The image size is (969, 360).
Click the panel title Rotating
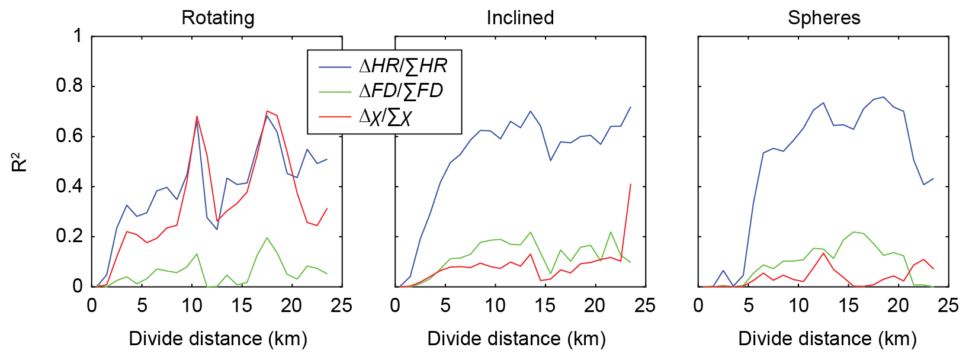(218, 18)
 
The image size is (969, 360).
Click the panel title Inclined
(520, 18)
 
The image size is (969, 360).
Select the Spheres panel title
(824, 18)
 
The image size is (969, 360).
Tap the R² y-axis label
(20, 162)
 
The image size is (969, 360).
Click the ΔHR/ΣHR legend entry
(403, 66)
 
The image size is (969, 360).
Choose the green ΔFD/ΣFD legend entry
(401, 91)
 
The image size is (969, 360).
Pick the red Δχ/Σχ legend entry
(385, 116)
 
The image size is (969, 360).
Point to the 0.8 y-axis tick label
(69, 86)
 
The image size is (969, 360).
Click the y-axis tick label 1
(78, 36)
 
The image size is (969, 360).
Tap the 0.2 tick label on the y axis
(69, 236)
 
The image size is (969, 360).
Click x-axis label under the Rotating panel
(218, 339)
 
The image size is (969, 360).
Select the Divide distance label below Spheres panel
(827, 339)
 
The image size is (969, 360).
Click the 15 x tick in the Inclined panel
(545, 306)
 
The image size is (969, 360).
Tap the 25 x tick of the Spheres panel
(948, 306)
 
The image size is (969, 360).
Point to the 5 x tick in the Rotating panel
(142, 306)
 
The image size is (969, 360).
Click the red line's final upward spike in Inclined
(631, 184)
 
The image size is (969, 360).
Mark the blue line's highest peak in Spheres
(884, 97)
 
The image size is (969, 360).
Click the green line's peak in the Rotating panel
(267, 237)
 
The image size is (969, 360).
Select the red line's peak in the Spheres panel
(823, 253)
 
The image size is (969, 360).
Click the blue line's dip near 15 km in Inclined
(550, 160)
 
